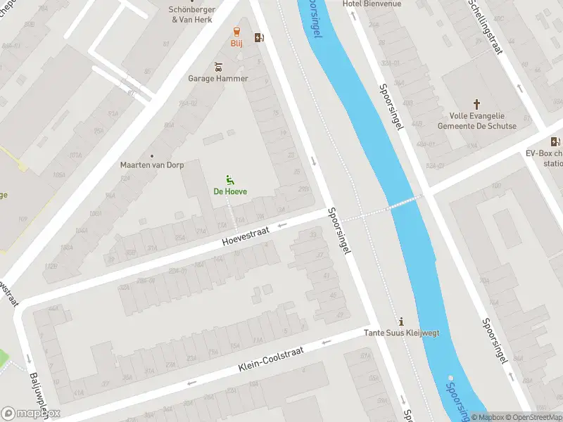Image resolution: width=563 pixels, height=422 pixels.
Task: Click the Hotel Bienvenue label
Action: point(372,4)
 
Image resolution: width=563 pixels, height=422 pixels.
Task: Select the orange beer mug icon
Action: point(236,32)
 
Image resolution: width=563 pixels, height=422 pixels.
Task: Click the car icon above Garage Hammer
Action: point(217,68)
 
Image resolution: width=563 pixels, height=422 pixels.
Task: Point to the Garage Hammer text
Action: point(217,79)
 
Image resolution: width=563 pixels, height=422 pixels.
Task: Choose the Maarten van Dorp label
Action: point(151,165)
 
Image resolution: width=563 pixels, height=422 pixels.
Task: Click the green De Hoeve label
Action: point(230,191)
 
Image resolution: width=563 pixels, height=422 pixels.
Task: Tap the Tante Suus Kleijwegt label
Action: point(401,333)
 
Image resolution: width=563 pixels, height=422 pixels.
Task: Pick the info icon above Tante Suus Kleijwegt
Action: point(402,321)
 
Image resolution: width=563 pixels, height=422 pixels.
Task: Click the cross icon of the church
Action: point(476,103)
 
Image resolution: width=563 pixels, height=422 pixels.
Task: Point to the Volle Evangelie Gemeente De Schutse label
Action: point(476,121)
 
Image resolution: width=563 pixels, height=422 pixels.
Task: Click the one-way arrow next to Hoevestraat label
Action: point(283,225)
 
